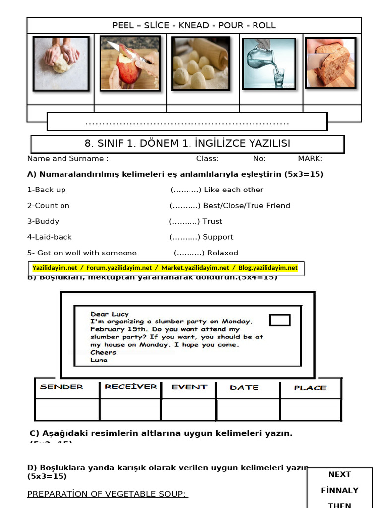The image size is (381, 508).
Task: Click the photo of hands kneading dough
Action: [61, 63]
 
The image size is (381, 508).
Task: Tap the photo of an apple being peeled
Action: [129, 63]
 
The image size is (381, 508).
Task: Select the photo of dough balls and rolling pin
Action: [200, 64]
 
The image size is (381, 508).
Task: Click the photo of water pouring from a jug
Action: [268, 63]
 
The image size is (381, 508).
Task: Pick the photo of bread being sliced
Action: [330, 63]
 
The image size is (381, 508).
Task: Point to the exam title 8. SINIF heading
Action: [188, 144]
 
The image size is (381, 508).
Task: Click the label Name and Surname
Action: [68, 159]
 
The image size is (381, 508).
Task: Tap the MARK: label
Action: [310, 159]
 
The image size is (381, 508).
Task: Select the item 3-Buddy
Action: [43, 221]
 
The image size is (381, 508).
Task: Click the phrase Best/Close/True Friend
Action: [247, 205]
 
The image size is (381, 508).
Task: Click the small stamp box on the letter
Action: [280, 320]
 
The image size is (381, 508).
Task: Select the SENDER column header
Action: [62, 387]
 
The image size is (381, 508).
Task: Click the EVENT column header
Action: [189, 387]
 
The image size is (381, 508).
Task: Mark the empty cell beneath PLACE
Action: [310, 410]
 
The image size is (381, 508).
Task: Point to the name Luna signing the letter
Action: [99, 360]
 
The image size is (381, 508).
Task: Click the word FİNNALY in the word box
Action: [339, 490]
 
